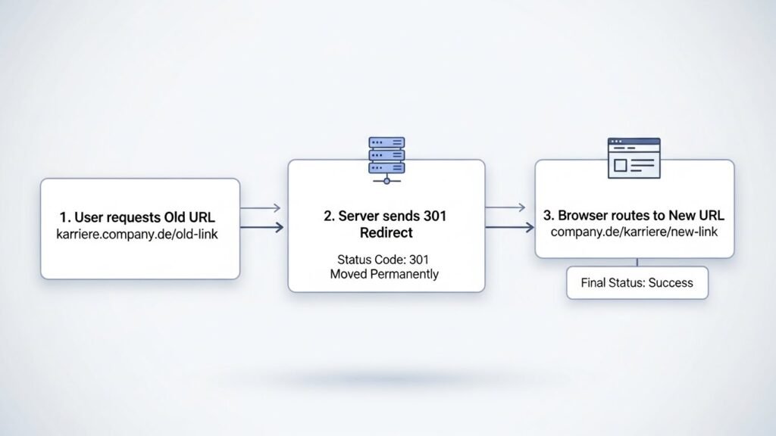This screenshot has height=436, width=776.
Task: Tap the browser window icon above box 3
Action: coord(634,157)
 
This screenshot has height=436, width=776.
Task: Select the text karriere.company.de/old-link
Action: coord(137,235)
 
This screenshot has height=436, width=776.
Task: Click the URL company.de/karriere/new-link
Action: coord(634,231)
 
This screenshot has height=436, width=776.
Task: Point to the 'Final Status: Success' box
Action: coord(637,283)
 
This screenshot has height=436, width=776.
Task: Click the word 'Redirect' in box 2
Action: coord(386,232)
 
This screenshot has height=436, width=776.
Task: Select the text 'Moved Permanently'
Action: coord(384,274)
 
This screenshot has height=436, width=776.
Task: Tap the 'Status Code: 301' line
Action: coord(385,259)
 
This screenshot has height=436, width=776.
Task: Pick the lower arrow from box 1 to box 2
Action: coord(261,226)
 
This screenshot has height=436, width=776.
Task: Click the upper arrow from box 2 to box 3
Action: coord(505,208)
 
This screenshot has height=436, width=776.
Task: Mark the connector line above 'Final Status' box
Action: coord(637,262)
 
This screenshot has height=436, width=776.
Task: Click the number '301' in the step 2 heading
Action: coord(435,216)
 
